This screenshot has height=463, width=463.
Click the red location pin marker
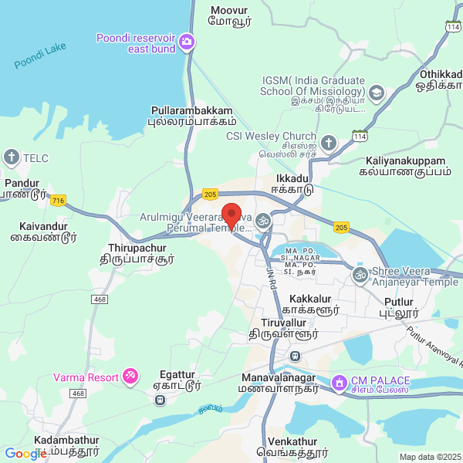coord(231,215)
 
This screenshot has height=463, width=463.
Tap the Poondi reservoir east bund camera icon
coord(186,39)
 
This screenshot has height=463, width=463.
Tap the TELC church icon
coord(12,158)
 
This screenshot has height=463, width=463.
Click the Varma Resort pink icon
coord(130,377)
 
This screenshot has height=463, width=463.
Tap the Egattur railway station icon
coord(159,400)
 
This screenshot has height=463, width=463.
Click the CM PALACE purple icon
coord(339,382)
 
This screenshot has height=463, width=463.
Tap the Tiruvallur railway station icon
coord(294,356)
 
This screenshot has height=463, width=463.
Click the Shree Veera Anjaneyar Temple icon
coord(360,274)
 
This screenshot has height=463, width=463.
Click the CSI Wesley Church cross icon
coord(329,143)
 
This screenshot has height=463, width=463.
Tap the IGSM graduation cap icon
coord(377,94)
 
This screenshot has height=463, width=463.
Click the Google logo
coord(25,454)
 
